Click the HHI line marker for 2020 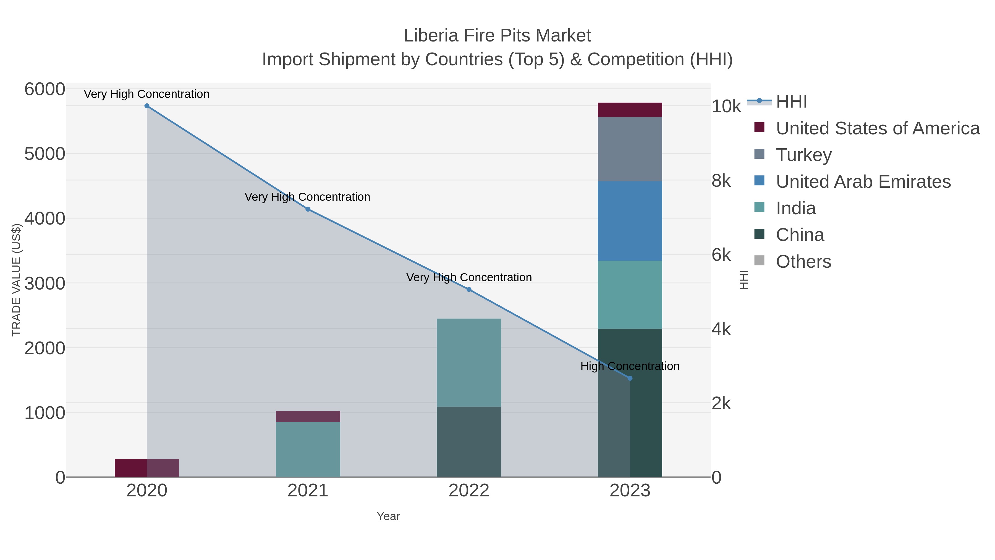coord(147,106)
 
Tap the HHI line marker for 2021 coord(308,209)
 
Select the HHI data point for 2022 coord(469,290)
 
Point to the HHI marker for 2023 coord(630,378)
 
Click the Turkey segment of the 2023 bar coord(630,149)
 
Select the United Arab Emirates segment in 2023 coord(630,221)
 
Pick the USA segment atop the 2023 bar coord(630,110)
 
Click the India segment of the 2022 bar coord(469,363)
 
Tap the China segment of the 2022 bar coord(469,442)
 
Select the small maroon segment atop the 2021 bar coord(308,416)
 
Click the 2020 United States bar coord(147,468)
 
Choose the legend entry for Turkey coord(803,155)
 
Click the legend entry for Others coord(803,262)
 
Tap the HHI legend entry coord(791,102)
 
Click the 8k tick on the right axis coord(721,181)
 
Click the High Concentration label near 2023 coord(630,366)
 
